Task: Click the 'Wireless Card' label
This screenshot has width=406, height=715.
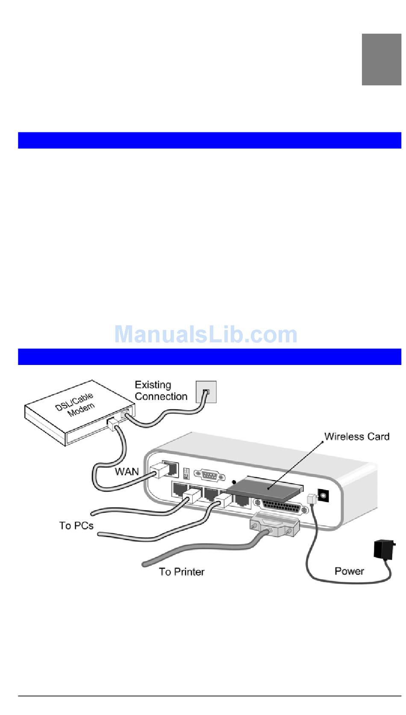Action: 356,436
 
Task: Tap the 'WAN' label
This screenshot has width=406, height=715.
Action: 127,471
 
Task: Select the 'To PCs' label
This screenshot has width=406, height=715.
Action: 76,525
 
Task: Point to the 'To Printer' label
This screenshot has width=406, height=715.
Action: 182,572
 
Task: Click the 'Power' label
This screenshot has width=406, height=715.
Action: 349,571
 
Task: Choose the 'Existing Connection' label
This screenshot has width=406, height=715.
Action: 161,391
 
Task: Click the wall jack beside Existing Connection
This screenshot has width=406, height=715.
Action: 206,392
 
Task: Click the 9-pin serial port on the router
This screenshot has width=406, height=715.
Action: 209,474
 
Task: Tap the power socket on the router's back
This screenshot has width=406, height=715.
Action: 324,495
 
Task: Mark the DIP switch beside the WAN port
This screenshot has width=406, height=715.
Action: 186,473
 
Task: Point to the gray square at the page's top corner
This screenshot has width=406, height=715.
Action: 381,59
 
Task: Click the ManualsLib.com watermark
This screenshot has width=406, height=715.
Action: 206,334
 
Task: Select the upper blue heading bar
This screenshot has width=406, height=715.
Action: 209,140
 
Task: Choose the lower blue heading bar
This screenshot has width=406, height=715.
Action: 209,357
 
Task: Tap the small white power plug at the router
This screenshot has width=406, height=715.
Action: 312,498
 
